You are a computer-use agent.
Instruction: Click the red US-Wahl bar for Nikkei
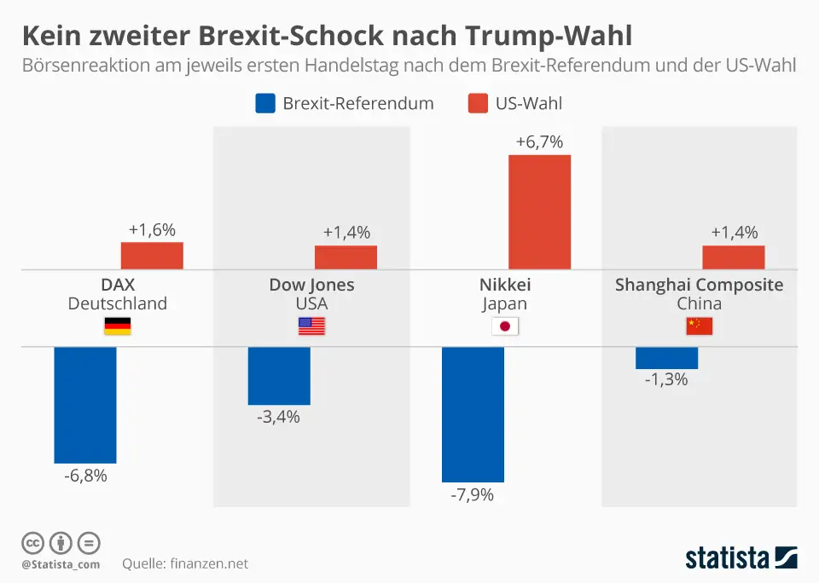pyautogui.click(x=539, y=212)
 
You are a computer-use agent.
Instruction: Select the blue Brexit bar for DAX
pyautogui.click(x=85, y=405)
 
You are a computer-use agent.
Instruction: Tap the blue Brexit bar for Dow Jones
pyautogui.click(x=279, y=376)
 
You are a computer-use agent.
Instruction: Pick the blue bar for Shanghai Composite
pyautogui.click(x=666, y=358)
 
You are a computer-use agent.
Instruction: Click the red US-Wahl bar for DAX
pyautogui.click(x=152, y=256)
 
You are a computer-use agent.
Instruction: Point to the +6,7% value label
pyautogui.click(x=539, y=142)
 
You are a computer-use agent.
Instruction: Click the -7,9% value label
pyautogui.click(x=472, y=495)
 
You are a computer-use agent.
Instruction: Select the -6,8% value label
pyautogui.click(x=85, y=476)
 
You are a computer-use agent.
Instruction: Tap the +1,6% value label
pyautogui.click(x=152, y=230)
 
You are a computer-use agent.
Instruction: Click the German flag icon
pyautogui.click(x=117, y=326)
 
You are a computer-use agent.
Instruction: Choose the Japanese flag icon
pyautogui.click(x=505, y=326)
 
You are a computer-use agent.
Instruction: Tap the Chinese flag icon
pyautogui.click(x=699, y=326)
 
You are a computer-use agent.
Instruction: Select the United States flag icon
pyautogui.click(x=311, y=326)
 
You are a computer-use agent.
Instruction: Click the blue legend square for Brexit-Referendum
pyautogui.click(x=265, y=104)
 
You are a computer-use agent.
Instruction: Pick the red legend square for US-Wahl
pyautogui.click(x=478, y=104)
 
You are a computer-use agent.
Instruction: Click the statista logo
pyautogui.click(x=741, y=558)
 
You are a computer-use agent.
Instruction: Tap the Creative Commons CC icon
pyautogui.click(x=32, y=543)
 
